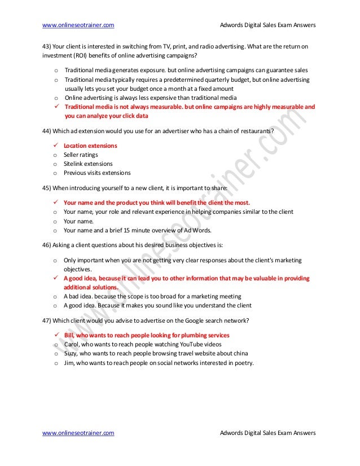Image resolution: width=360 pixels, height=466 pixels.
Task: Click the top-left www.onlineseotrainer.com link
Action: pos(78,25)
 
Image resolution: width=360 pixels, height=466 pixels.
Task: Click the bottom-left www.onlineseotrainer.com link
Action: pos(78,433)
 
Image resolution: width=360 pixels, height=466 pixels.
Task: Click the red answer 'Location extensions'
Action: pos(90,146)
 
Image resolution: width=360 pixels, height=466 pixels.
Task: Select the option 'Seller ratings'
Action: pos(81,155)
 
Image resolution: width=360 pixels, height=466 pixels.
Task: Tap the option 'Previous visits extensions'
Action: pos(97,173)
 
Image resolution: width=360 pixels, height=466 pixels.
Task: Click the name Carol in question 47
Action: pos(71,344)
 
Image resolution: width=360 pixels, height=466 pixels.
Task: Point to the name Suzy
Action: pos(71,354)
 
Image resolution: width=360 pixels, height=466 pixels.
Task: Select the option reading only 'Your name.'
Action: pos(76,221)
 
